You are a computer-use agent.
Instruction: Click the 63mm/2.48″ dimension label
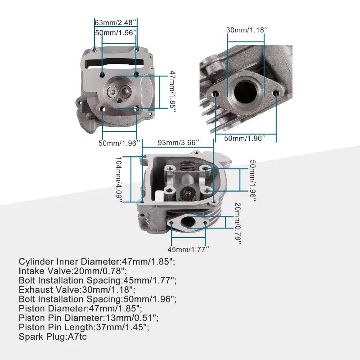click(x=116, y=22)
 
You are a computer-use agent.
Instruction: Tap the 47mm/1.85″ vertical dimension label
click(x=173, y=92)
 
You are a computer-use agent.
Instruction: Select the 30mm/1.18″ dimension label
click(x=247, y=30)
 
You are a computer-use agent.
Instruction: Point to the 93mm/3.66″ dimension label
click(x=178, y=143)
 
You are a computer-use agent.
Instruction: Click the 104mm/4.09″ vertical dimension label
click(x=119, y=180)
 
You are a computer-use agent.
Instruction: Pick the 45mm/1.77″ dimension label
click(x=188, y=249)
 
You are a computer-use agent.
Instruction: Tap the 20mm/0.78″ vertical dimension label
click(x=238, y=223)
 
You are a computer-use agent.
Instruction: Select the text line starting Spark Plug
click(x=53, y=337)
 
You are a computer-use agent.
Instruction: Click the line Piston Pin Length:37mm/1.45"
click(x=84, y=328)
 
